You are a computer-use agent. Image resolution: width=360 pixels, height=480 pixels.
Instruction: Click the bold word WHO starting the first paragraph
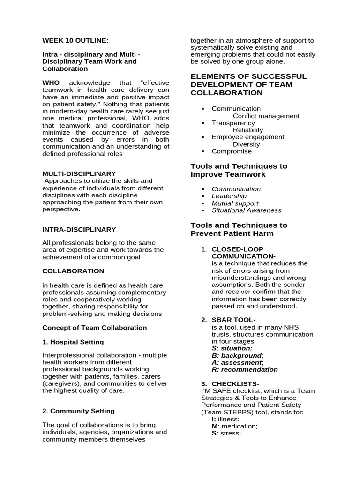tap(51, 83)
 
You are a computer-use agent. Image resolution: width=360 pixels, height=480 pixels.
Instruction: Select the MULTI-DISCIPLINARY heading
tap(79, 173)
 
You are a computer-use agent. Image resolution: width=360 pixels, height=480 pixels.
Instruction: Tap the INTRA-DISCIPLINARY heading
tap(79, 230)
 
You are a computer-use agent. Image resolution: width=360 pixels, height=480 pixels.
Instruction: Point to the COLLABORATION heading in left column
tap(73, 271)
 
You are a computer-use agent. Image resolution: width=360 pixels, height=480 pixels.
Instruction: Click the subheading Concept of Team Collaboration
tap(94, 328)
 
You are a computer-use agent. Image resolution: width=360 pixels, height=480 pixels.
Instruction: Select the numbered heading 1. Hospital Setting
tap(73, 342)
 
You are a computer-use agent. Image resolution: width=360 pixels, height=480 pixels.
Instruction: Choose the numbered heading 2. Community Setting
tap(78, 411)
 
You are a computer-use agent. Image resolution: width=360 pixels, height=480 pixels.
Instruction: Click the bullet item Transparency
tap(233, 123)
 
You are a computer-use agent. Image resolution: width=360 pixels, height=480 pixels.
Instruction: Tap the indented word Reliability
tap(248, 130)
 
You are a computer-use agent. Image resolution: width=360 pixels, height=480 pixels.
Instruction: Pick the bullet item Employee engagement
tap(248, 137)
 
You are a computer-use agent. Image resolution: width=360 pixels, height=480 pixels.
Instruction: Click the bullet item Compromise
tap(232, 151)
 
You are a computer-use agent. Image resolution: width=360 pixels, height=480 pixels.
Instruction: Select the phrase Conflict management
tap(266, 116)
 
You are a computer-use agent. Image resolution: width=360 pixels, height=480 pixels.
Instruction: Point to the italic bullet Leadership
tap(229, 196)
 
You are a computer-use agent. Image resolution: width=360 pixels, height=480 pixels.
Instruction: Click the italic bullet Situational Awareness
tap(247, 210)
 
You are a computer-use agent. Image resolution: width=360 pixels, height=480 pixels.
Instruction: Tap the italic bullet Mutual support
tap(235, 203)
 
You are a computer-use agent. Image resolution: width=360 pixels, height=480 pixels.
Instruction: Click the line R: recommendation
tap(245, 369)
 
